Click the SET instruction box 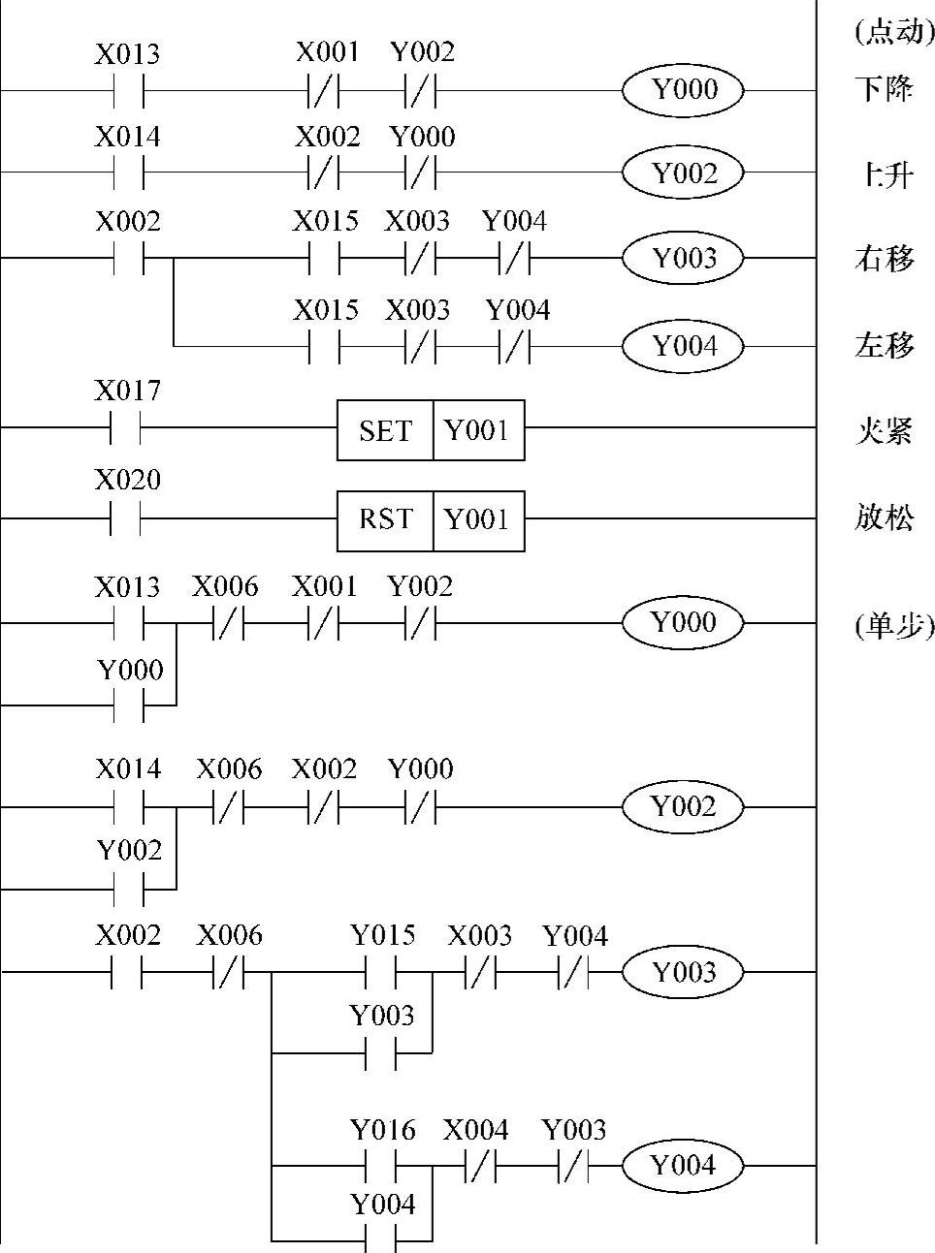click(385, 430)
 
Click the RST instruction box click(385, 520)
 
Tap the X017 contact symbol click(127, 426)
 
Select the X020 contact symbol click(127, 518)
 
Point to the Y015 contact click(381, 971)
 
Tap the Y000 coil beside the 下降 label click(684, 90)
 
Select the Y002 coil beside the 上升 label click(684, 173)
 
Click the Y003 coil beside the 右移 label click(684, 259)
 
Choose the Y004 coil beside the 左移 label click(684, 346)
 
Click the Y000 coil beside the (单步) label click(684, 622)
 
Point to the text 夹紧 click(884, 430)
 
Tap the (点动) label click(893, 32)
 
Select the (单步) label click(893, 625)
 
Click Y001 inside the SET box click(477, 430)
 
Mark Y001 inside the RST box click(477, 520)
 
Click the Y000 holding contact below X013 click(129, 705)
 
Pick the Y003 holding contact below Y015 click(381, 1052)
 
